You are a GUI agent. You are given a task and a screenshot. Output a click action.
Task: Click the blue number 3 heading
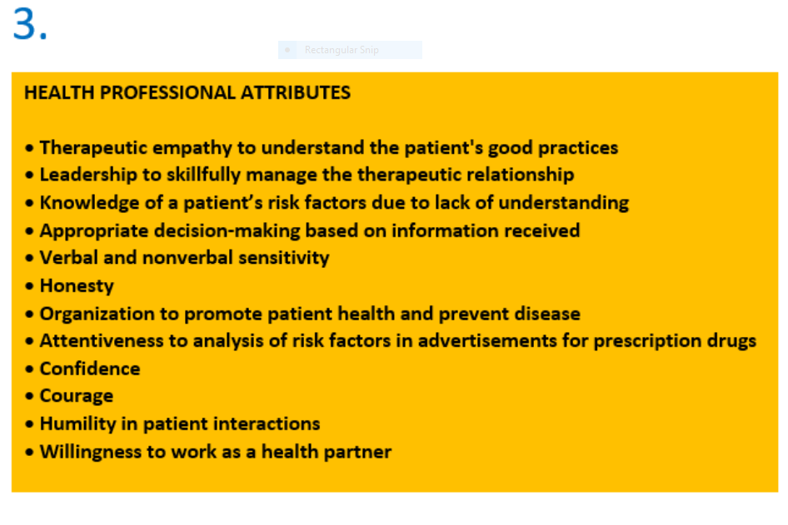pos(30,23)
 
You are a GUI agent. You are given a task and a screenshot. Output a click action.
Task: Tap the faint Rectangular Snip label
pos(342,50)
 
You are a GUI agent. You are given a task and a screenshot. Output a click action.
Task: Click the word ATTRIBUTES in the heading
pos(296,93)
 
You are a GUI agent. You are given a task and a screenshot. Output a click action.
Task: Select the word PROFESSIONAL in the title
pos(168,93)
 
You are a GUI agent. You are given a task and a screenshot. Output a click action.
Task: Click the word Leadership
pos(88,175)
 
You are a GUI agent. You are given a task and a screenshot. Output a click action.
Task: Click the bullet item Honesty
pos(77,286)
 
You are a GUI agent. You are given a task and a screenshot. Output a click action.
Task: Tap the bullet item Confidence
pos(90,369)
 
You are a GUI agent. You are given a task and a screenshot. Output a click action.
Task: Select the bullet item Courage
pos(77,397)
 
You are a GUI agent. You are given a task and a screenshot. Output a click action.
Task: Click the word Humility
pos(78,424)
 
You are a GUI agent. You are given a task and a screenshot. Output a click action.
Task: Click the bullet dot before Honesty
pos(30,286)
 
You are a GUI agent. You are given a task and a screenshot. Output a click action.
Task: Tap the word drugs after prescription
pos(731,341)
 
